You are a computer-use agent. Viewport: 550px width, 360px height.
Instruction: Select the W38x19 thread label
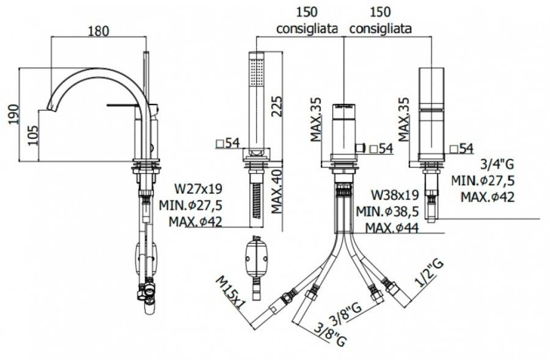click(395, 196)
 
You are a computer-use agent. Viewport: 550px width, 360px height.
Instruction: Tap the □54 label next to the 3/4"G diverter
click(462, 149)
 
